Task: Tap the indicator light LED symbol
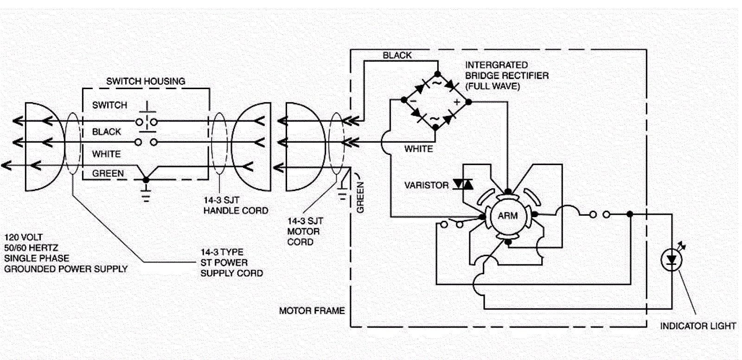672,260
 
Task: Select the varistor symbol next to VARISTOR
463,184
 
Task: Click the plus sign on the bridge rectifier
457,102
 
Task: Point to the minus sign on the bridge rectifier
413,101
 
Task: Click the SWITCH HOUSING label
146,81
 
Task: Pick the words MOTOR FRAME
312,311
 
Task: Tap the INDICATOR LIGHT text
698,326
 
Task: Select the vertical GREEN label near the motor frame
360,197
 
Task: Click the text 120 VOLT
23,238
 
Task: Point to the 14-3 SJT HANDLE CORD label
236,205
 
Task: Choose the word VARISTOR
426,185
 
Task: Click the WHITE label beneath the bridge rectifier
418,149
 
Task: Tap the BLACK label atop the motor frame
397,55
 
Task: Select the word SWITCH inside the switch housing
109,105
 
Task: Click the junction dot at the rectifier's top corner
438,74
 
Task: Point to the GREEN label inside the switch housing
108,174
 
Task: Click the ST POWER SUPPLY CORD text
231,268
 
